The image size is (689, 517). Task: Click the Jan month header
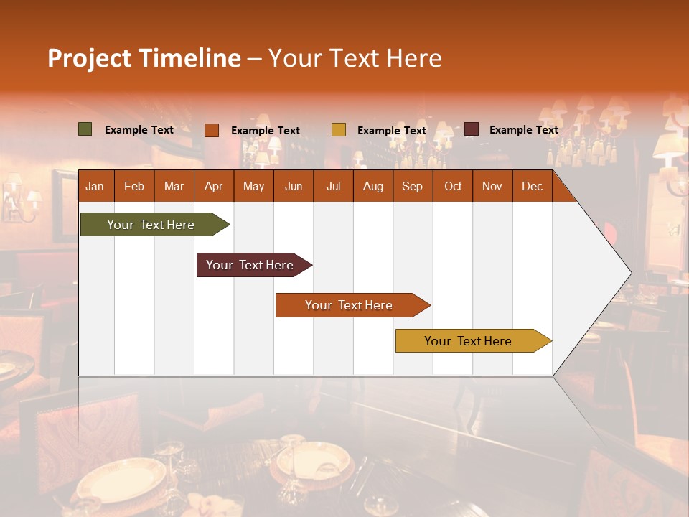pos(95,186)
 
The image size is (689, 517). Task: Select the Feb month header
pos(134,186)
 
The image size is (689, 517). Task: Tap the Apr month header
pos(214,186)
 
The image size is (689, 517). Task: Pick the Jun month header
pos(294,186)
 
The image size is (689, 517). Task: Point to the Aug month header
pos(373,186)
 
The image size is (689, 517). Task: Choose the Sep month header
pos(413,186)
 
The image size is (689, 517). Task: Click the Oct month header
pos(453,186)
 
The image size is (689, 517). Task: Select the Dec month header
pos(533,186)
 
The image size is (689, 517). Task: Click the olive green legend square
pos(85,129)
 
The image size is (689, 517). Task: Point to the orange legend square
pos(212,130)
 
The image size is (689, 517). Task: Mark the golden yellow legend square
pos(339,130)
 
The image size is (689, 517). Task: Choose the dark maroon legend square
pos(472,129)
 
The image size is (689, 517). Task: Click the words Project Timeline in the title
pos(144,58)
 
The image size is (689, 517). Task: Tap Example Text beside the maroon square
pos(523,130)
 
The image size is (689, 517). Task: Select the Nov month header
pos(492,186)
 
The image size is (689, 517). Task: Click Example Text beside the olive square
pos(139,130)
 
